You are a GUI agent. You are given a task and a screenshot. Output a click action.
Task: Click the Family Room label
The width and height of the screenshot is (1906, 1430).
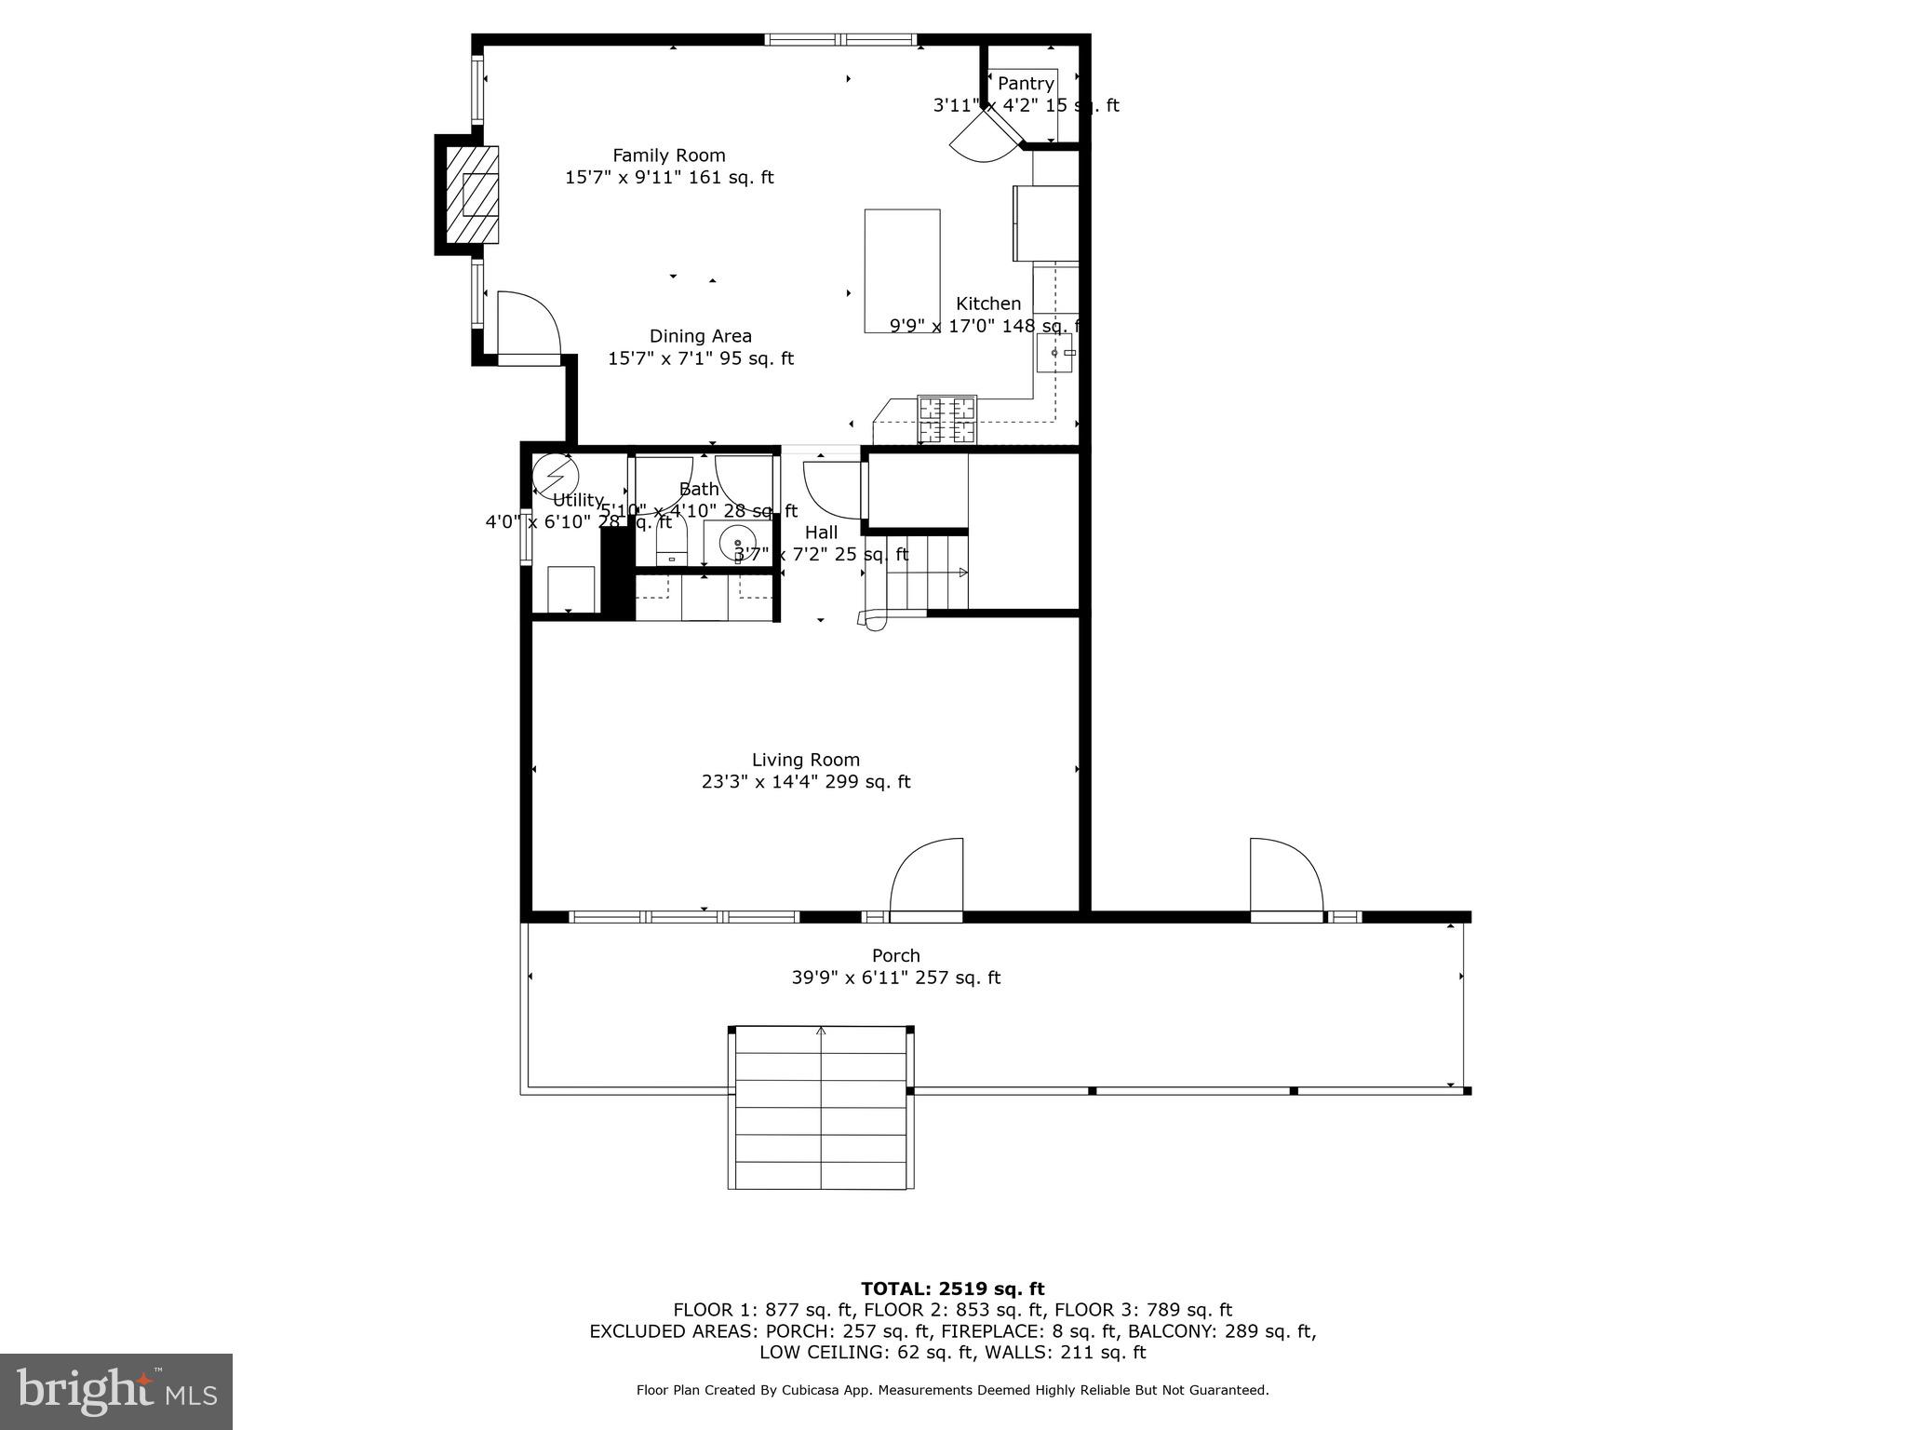[x=668, y=155]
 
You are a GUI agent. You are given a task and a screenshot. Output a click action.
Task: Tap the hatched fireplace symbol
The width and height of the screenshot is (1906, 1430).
[x=472, y=195]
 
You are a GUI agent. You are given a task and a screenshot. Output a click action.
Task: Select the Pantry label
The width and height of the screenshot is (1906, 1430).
[x=1025, y=84]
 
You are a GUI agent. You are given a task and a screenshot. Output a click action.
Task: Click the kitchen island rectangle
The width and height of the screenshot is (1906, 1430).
[x=902, y=270]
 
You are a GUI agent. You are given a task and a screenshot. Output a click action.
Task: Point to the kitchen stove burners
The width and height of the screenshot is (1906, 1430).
[x=946, y=419]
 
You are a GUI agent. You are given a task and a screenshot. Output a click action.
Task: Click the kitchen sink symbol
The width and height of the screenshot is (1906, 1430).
[x=1054, y=354]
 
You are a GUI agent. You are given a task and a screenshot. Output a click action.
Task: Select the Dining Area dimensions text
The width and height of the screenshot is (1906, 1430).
[x=701, y=358]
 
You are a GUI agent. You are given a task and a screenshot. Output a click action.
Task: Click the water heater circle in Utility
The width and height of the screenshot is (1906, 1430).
[x=556, y=474]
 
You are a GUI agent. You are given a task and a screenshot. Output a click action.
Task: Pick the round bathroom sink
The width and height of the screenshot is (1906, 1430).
[x=738, y=542]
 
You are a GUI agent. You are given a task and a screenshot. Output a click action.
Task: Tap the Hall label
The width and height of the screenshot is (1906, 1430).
[x=821, y=533]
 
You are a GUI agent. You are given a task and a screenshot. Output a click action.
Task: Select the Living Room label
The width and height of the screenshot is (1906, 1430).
[x=806, y=760]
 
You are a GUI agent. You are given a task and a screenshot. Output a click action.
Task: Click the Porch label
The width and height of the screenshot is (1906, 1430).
[x=895, y=955]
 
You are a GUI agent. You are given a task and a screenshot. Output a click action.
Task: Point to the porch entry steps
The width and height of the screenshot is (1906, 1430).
[x=820, y=1108]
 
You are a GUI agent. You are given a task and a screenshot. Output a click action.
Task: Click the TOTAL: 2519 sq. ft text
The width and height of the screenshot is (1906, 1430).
[x=952, y=1288]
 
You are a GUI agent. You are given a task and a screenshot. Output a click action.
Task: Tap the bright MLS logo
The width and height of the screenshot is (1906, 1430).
[x=116, y=1391]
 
